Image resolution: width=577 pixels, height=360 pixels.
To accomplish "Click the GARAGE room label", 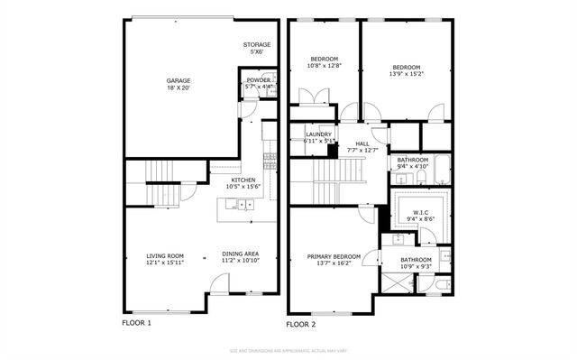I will (178, 80).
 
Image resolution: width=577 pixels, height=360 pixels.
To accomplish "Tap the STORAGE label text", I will (256, 44).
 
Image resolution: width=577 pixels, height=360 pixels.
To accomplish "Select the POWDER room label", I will (258, 80).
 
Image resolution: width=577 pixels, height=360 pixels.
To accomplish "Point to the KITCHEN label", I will (243, 180).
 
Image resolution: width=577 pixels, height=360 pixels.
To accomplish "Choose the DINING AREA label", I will (241, 254).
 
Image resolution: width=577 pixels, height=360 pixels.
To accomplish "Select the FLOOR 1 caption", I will (136, 322).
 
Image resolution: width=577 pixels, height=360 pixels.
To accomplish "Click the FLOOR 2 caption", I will (301, 323).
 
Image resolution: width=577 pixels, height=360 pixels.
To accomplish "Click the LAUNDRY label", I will (319, 135).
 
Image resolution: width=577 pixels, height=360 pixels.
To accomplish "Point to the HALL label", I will (362, 143).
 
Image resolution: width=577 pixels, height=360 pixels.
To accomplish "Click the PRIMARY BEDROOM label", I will (334, 256).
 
